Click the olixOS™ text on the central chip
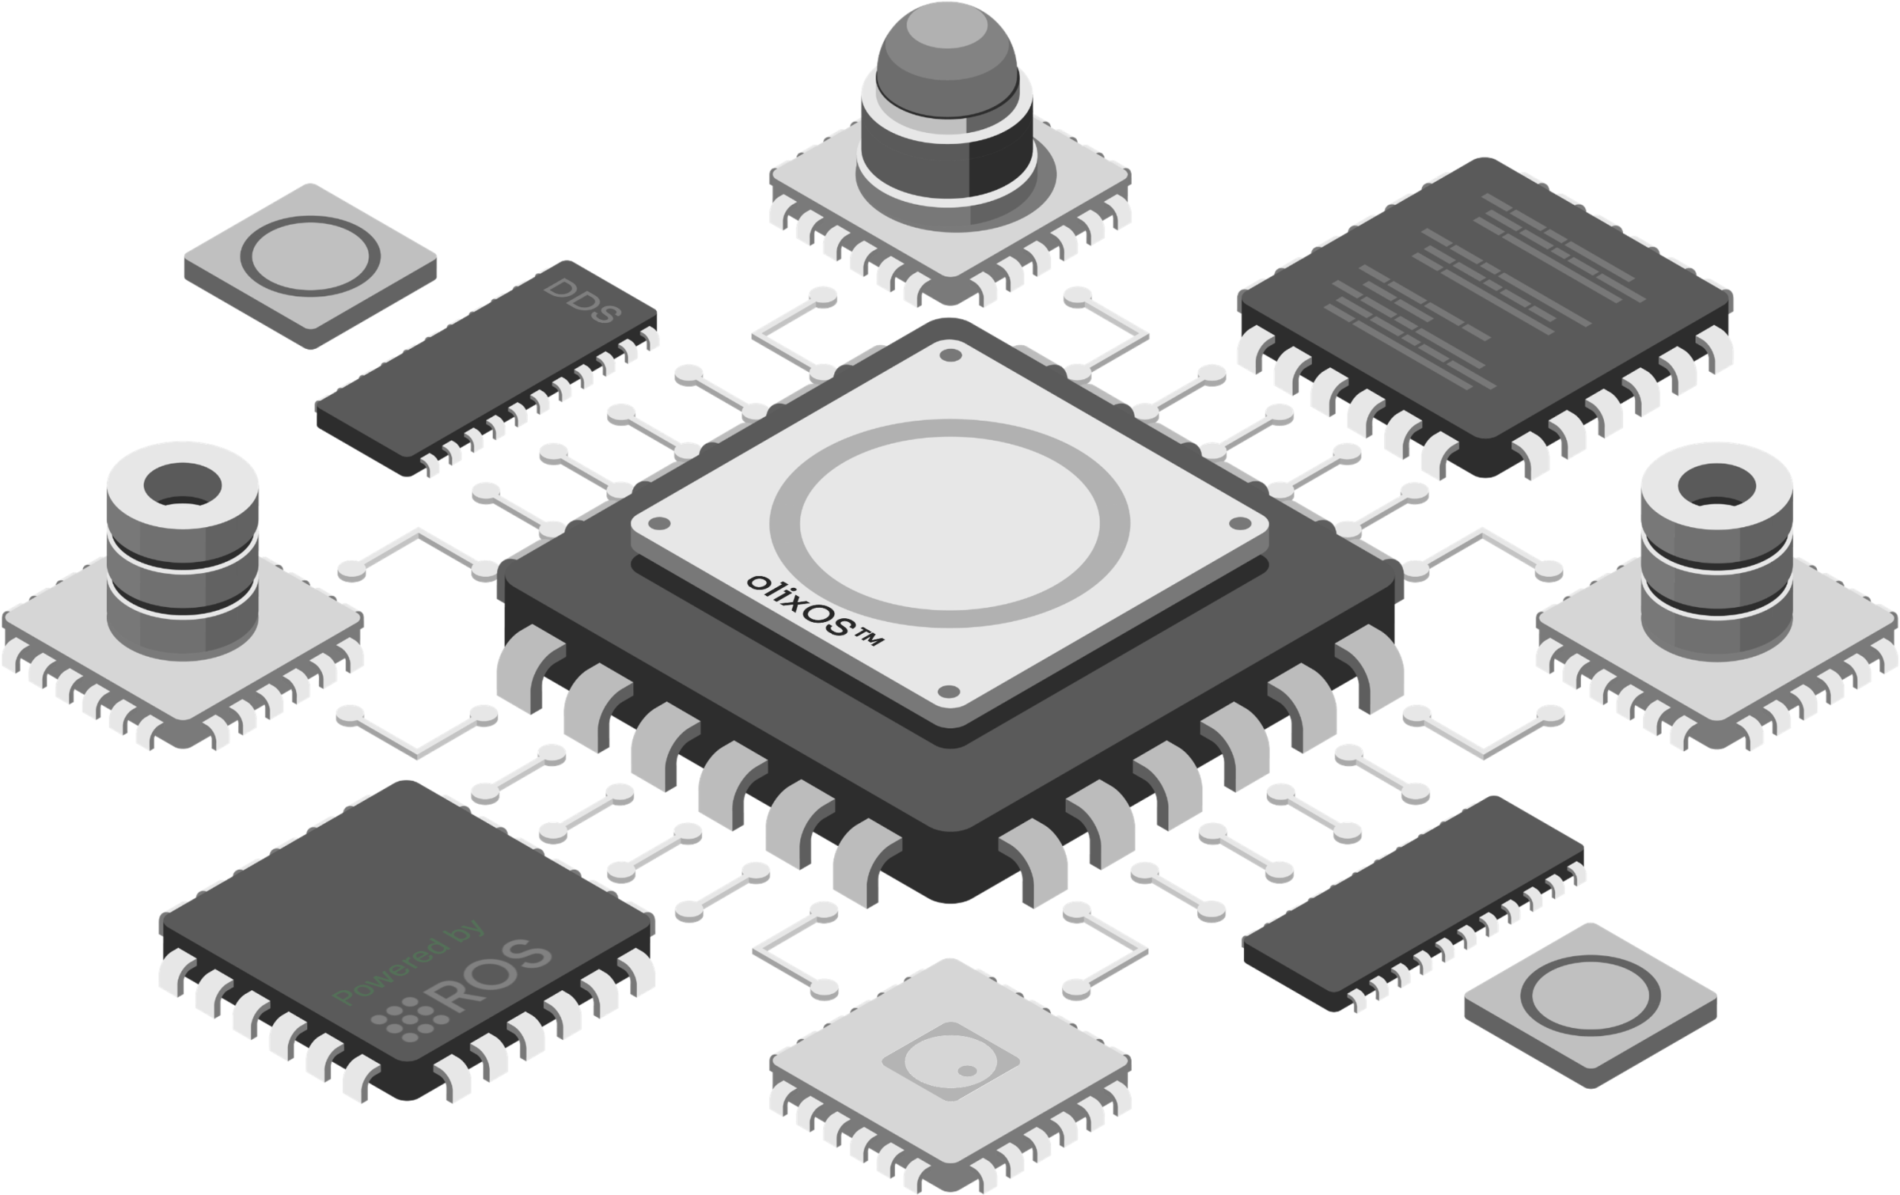(x=814, y=611)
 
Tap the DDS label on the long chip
(x=583, y=301)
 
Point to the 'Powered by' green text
(x=409, y=962)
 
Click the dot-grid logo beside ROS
(x=404, y=1018)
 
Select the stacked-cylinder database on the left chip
(x=183, y=550)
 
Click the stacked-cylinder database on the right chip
(x=1717, y=550)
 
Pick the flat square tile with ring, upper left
(x=310, y=265)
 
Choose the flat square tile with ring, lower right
(x=1591, y=1005)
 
